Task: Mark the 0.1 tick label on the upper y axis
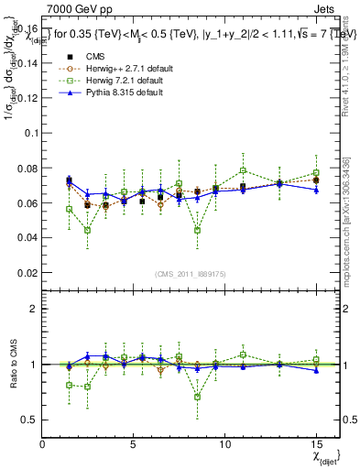click(x=29, y=133)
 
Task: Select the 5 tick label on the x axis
click(x=134, y=444)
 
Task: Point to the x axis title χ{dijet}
click(x=323, y=456)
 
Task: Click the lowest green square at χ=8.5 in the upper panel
click(x=197, y=230)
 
